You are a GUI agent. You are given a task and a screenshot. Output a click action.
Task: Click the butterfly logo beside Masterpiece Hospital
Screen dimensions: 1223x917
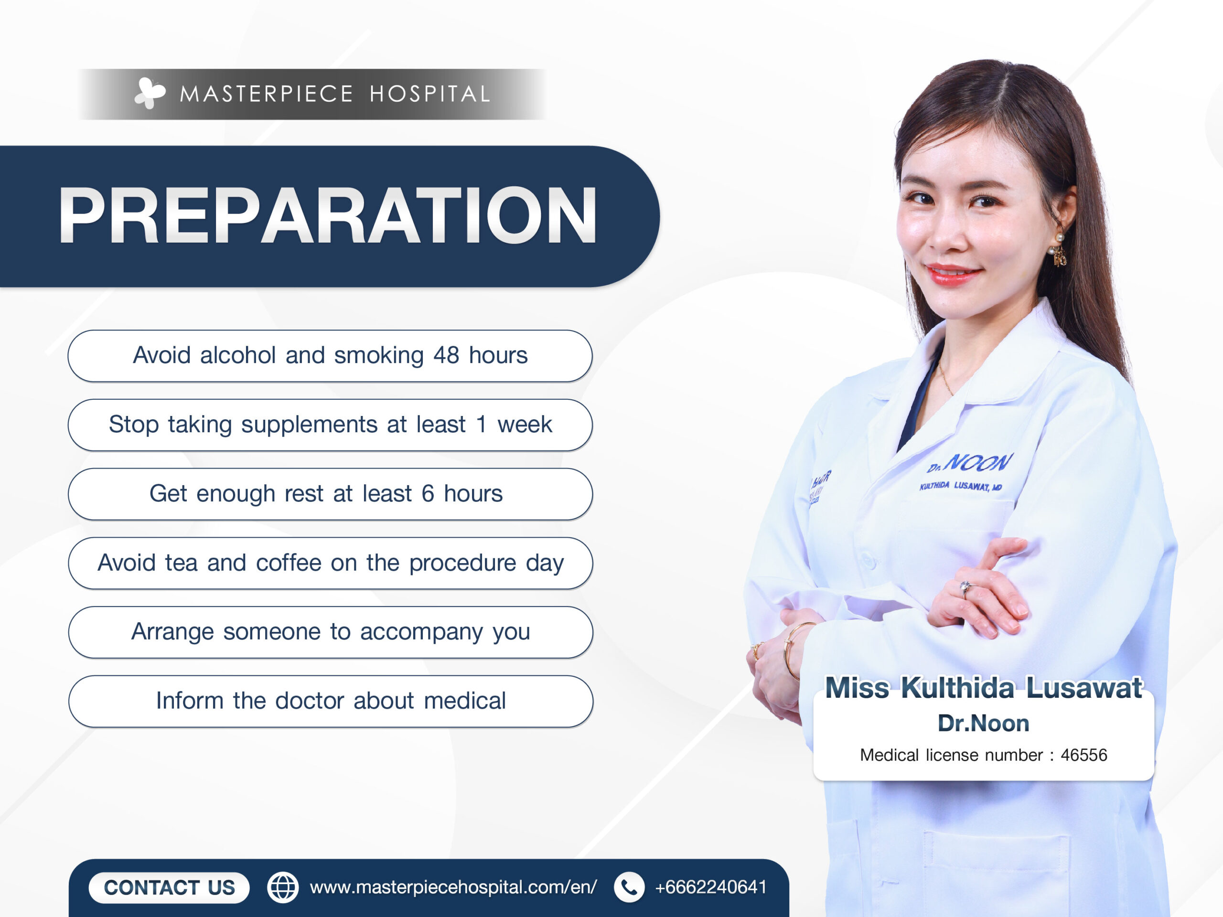click(150, 93)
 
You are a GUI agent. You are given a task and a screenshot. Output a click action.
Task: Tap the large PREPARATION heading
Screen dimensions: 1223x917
click(328, 215)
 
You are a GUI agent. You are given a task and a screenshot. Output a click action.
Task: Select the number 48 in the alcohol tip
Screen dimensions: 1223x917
click(446, 355)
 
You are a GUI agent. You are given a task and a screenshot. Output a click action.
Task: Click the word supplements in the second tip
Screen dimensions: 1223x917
click(309, 425)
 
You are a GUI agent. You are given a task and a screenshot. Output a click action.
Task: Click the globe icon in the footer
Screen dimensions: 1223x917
click(282, 888)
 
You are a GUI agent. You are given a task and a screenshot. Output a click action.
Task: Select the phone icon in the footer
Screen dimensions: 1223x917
click(629, 888)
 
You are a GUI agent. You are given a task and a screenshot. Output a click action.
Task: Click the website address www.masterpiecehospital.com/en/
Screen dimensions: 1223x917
click(453, 888)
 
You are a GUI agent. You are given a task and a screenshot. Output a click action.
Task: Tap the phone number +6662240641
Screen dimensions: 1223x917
click(710, 887)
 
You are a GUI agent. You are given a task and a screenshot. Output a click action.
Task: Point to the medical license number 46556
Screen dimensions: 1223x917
click(1084, 755)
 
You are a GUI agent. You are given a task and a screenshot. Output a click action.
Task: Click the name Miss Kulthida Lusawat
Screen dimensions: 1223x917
click(984, 688)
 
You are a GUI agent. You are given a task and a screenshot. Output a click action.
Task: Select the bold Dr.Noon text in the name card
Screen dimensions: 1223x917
click(984, 724)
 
